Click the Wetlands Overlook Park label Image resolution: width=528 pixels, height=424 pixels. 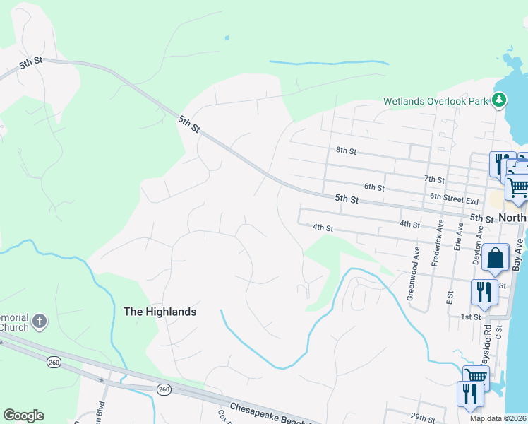click(436, 101)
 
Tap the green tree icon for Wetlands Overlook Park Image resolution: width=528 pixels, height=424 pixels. click(500, 100)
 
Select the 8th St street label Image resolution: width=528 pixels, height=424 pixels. click(346, 151)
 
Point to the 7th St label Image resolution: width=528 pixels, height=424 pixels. click(435, 180)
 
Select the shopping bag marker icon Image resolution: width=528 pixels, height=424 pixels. click(496, 259)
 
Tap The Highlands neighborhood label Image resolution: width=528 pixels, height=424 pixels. click(160, 311)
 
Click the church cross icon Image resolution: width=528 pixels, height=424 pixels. click(40, 322)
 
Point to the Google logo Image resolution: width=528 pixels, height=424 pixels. click(23, 416)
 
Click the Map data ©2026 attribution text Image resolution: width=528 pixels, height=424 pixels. click(498, 418)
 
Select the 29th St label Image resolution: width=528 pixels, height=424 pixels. click(423, 417)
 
